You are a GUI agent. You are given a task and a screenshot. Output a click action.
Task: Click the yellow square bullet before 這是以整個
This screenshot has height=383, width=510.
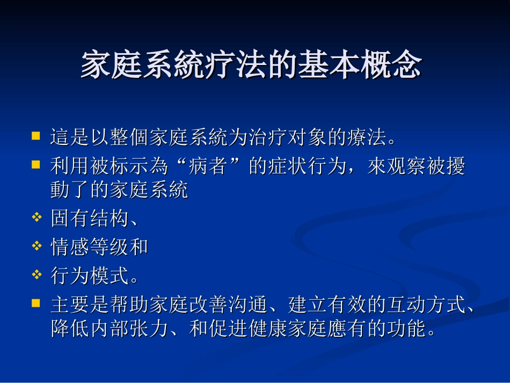coord(36,136)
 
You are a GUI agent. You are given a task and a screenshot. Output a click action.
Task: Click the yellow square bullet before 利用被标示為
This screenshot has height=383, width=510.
coord(36,164)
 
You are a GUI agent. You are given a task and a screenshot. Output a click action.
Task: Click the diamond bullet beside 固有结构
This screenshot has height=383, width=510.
coord(37,218)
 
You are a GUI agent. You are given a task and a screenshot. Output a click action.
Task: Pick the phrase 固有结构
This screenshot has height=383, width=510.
coord(90,219)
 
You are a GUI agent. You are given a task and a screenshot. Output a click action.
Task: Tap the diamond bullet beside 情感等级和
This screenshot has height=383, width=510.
coord(37,246)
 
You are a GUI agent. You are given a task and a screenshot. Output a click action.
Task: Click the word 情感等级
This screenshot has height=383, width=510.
coord(90,247)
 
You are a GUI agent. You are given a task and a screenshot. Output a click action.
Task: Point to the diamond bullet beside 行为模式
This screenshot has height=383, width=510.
coord(37,275)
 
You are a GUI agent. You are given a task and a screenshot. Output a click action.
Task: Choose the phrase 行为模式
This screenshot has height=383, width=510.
coord(90,276)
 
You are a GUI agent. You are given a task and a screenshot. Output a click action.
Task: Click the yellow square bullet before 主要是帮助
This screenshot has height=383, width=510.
coord(36,303)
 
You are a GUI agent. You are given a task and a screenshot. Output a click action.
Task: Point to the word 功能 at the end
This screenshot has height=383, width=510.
coord(407,328)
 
